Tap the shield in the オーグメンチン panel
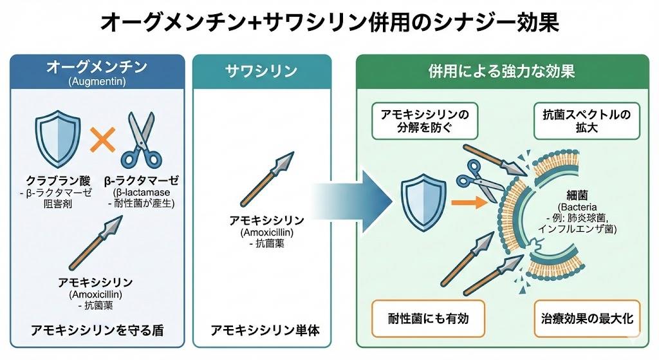point(57,138)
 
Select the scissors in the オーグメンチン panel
point(140,140)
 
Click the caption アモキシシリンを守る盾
point(97,331)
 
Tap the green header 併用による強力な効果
point(501,70)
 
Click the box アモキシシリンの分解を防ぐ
point(425,120)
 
